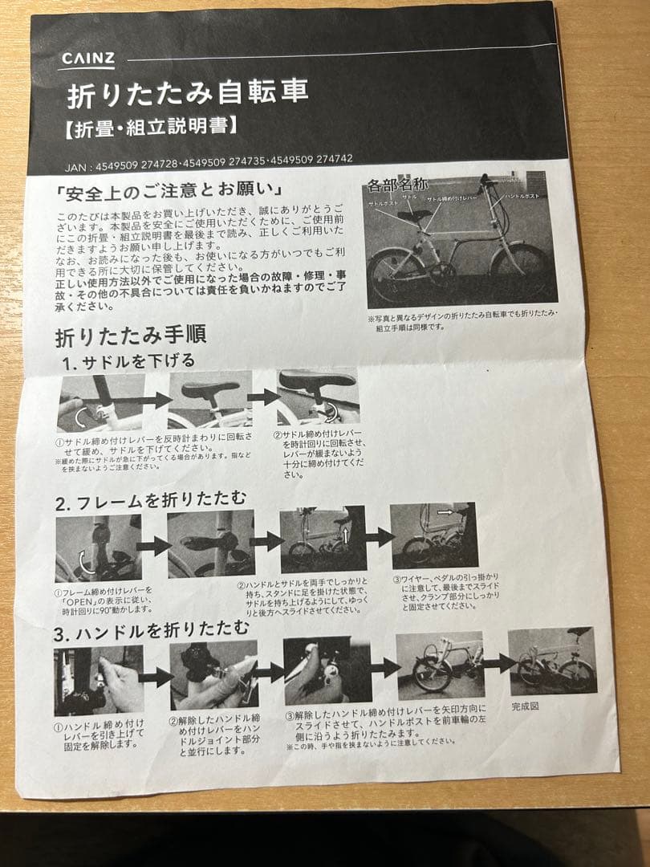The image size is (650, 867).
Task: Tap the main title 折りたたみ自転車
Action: click(187, 93)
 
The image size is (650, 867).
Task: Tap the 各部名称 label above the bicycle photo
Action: click(398, 185)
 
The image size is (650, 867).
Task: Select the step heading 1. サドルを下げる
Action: click(129, 361)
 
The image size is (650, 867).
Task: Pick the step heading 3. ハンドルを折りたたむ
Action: click(152, 633)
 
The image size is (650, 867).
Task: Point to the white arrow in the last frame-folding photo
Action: click(446, 511)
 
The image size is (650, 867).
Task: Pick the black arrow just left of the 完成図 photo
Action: click(497, 662)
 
